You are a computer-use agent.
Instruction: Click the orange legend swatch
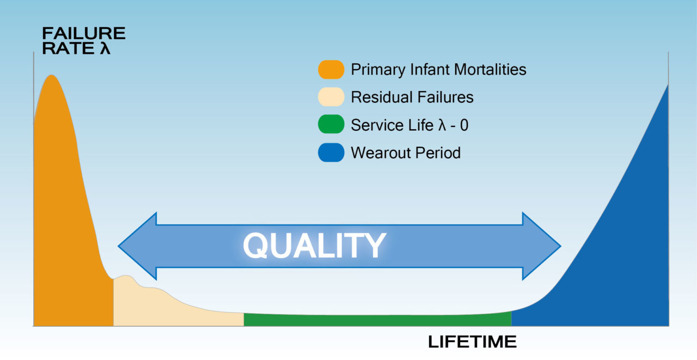(331, 69)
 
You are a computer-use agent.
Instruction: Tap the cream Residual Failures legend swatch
(331, 97)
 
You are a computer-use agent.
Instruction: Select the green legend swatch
(331, 124)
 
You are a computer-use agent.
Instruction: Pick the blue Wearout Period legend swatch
(331, 152)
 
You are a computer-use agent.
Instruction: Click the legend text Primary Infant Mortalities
(438, 70)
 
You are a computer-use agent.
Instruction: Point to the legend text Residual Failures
(412, 97)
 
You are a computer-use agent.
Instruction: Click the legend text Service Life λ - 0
(409, 125)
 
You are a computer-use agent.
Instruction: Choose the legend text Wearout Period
(406, 153)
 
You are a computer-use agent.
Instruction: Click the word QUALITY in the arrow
(314, 246)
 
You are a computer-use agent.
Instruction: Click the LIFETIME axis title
(472, 341)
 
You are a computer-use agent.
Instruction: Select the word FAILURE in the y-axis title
(84, 33)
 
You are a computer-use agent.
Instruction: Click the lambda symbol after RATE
(105, 48)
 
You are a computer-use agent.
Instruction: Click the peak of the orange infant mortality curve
(51, 75)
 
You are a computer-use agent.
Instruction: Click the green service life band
(377, 320)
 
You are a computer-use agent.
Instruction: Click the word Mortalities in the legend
(490, 69)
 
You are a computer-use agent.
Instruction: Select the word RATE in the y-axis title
(69, 48)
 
